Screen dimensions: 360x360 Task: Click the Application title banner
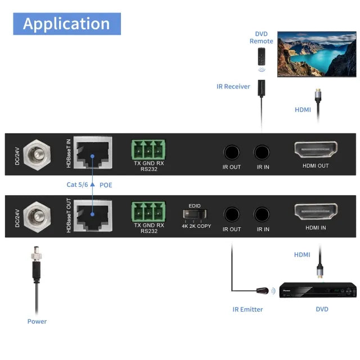tap(66, 24)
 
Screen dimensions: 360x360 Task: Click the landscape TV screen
tap(317, 54)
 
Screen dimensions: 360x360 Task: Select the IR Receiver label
tap(233, 87)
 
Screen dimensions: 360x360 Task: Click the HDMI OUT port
tap(315, 151)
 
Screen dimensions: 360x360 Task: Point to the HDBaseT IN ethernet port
tap(93, 152)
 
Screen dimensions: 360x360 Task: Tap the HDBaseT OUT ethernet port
tap(93, 214)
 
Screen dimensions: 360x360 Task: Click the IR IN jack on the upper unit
tap(263, 152)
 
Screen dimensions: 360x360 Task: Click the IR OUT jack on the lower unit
tap(231, 214)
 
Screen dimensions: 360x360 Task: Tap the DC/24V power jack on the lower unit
tap(38, 214)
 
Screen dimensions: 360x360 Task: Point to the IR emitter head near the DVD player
tap(262, 291)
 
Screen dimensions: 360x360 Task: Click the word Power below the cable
tap(37, 321)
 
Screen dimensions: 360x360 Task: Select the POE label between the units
tap(106, 184)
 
